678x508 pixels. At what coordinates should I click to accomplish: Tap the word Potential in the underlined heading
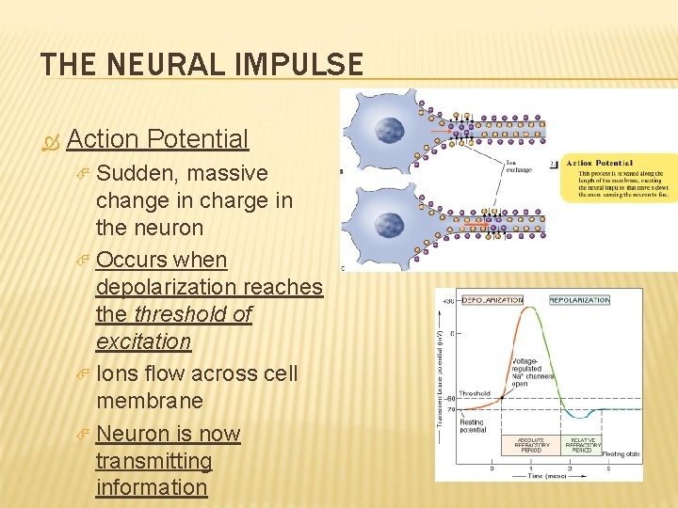[197, 139]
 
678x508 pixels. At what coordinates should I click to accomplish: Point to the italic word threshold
[178, 313]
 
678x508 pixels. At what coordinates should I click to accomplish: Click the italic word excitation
[143, 341]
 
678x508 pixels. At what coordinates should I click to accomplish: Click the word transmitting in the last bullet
[153, 461]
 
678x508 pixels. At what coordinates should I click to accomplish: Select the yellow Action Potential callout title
[600, 164]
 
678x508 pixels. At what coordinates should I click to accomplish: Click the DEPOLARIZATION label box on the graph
[492, 300]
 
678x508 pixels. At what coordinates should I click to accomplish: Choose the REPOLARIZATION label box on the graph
[579, 300]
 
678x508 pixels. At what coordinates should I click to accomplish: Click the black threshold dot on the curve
[503, 398]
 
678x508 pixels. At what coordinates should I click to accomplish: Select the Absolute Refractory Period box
[531, 445]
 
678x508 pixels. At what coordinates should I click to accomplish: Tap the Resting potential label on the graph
[474, 424]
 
